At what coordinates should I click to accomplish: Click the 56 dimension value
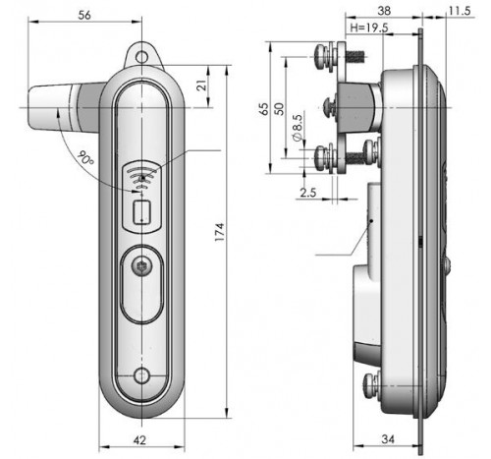(x=84, y=15)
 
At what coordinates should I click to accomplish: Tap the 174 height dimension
(x=219, y=232)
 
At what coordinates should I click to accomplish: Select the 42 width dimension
(x=139, y=440)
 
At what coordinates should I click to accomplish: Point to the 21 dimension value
(x=203, y=86)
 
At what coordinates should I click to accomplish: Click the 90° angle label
(x=86, y=158)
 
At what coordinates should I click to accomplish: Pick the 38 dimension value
(x=384, y=11)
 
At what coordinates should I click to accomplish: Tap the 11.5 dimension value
(x=460, y=11)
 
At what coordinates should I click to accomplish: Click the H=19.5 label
(x=369, y=28)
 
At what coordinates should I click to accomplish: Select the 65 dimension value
(x=263, y=109)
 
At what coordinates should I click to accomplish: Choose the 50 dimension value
(x=279, y=109)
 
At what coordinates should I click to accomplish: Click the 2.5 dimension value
(x=308, y=192)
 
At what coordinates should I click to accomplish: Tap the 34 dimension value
(x=388, y=439)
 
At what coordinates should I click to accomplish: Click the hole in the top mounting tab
(x=141, y=57)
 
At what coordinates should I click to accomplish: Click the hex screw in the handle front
(x=141, y=266)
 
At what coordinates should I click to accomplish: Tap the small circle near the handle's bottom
(x=141, y=375)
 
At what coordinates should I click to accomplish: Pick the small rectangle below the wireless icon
(x=141, y=212)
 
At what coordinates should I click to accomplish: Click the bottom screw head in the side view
(x=370, y=385)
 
